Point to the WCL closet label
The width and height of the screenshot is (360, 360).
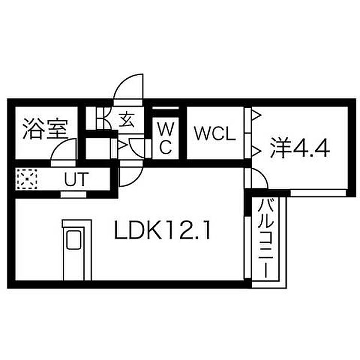[214, 134]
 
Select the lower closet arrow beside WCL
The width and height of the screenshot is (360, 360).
[256, 150]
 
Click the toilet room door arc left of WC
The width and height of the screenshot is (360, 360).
[138, 147]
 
